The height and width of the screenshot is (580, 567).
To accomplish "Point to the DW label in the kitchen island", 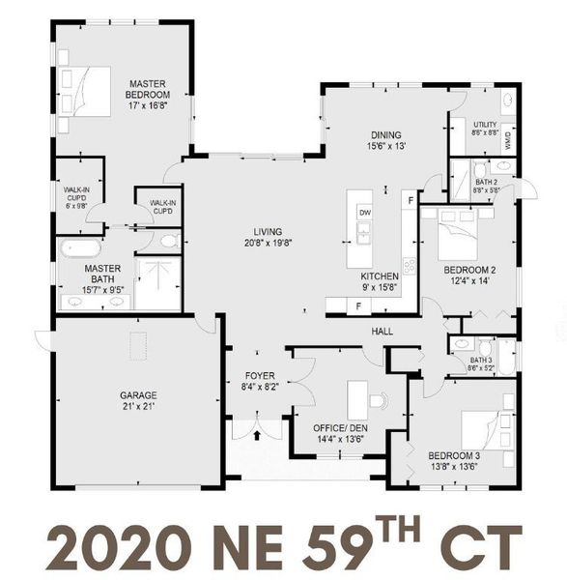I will [365, 212].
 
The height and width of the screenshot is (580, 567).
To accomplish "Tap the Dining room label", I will [386, 135].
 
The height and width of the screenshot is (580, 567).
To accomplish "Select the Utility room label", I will [484, 125].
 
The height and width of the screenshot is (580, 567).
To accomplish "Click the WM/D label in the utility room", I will [508, 139].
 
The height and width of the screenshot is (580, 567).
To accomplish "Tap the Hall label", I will [382, 332].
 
